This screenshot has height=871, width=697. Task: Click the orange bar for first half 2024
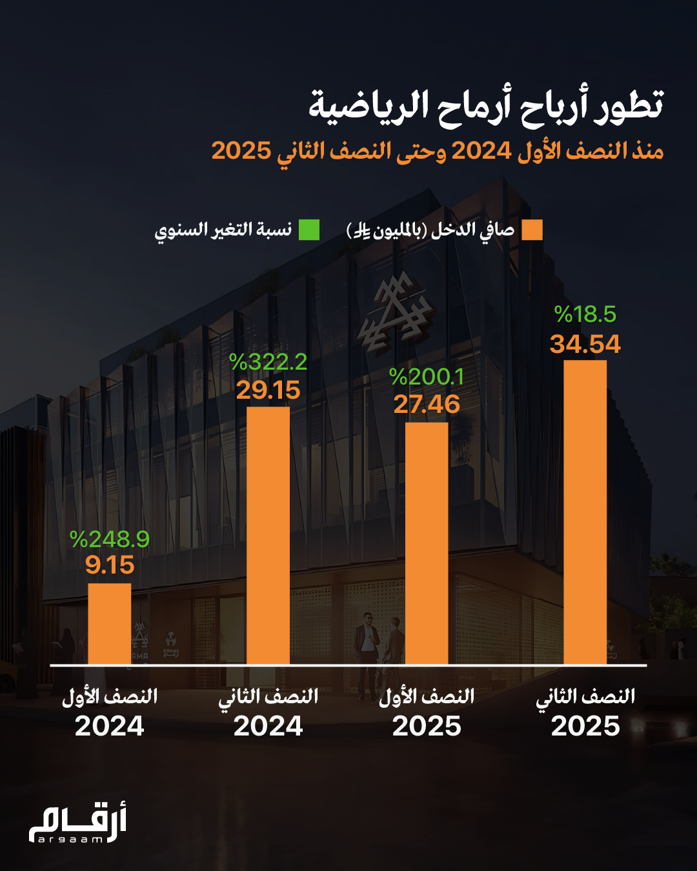109,623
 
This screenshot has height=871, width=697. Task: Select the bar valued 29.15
268,536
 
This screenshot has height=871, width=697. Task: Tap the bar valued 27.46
427,543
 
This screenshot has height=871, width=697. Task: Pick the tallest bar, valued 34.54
585,512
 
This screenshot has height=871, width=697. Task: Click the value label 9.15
110,565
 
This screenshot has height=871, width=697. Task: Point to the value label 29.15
268,390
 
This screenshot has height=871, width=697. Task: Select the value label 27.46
427,405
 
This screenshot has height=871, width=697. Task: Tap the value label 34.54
585,344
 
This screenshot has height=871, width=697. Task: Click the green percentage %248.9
110,539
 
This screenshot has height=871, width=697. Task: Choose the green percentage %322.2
268,362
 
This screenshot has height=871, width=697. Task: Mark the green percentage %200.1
427,376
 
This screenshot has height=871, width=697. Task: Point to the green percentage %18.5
585,314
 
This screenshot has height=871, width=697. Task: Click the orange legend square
532,230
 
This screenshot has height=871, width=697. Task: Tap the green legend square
309,230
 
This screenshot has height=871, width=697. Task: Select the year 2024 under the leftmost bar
109,726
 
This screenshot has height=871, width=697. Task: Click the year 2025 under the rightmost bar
585,726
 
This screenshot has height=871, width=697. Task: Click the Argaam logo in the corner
77,824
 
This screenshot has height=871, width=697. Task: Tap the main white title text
486,105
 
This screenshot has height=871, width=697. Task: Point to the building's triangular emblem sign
394,312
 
